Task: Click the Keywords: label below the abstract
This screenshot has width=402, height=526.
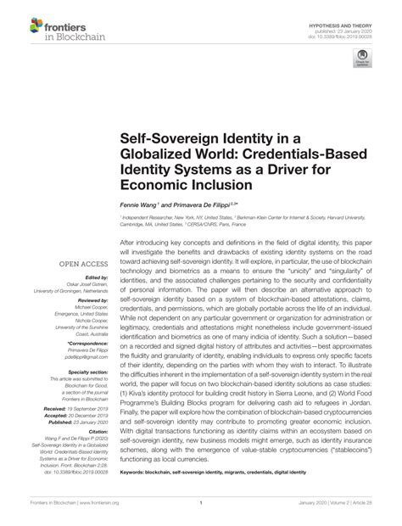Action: pyautogui.click(x=140, y=471)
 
